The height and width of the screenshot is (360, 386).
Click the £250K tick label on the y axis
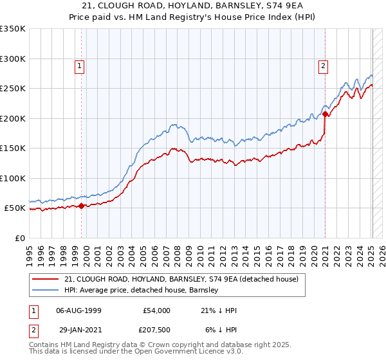13,89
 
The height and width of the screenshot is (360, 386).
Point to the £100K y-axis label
13,178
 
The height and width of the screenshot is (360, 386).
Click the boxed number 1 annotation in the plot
79,65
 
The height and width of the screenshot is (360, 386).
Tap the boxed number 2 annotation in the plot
322,65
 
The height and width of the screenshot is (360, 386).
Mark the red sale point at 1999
82,206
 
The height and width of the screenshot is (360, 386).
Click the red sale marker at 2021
326,114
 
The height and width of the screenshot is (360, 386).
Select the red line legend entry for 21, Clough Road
181,280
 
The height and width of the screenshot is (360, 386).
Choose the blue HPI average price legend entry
142,291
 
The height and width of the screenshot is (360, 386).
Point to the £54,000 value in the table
156,310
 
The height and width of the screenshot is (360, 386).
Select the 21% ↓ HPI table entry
219,310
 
